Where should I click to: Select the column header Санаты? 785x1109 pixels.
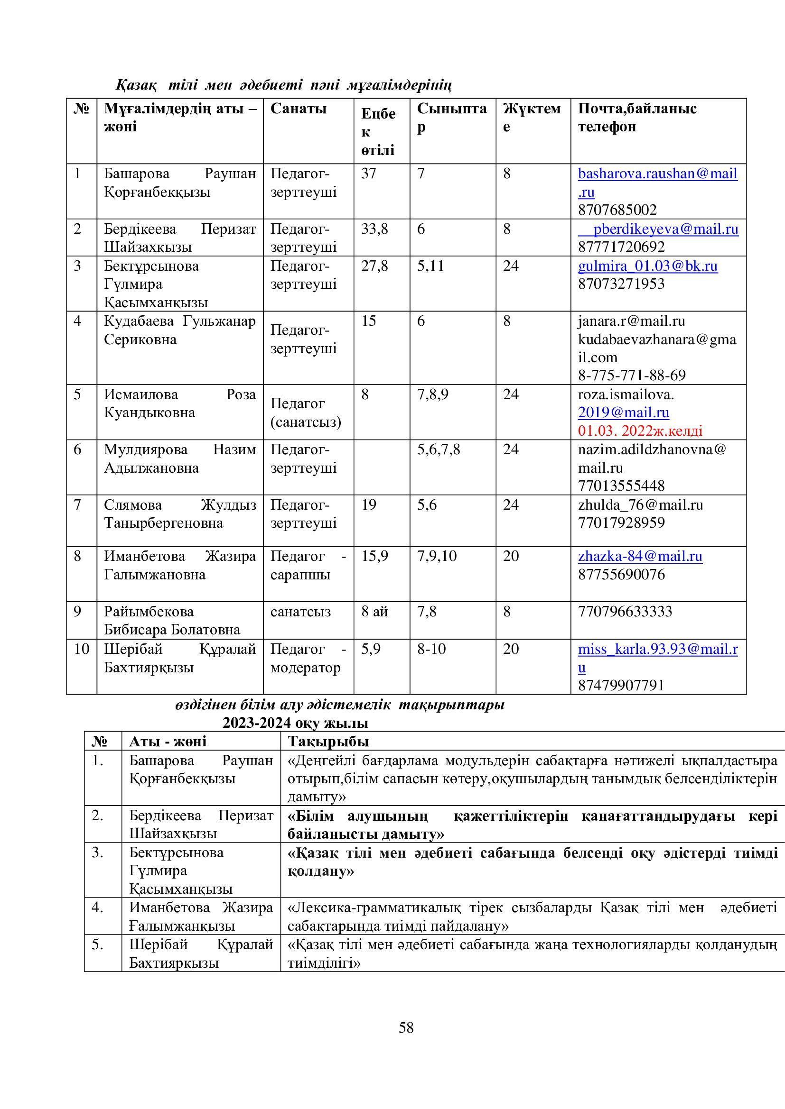(298, 108)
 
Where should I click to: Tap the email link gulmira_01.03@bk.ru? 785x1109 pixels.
(648, 266)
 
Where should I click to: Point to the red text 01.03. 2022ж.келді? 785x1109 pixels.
(640, 431)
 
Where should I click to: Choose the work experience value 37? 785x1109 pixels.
(368, 174)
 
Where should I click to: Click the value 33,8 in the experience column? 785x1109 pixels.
(374, 229)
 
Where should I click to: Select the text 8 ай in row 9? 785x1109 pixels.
(374, 612)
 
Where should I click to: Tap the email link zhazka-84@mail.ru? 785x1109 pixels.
(640, 556)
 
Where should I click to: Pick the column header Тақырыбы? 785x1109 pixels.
(328, 741)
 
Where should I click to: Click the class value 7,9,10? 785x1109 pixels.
(437, 556)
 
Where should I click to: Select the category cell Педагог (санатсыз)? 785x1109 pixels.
(306, 412)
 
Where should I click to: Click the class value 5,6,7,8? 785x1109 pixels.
(439, 449)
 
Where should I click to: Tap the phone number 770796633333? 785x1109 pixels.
(625, 612)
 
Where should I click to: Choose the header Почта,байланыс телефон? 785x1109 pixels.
(636, 118)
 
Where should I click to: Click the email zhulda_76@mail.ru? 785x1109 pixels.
(640, 505)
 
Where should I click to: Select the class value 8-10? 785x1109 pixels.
(431, 649)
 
